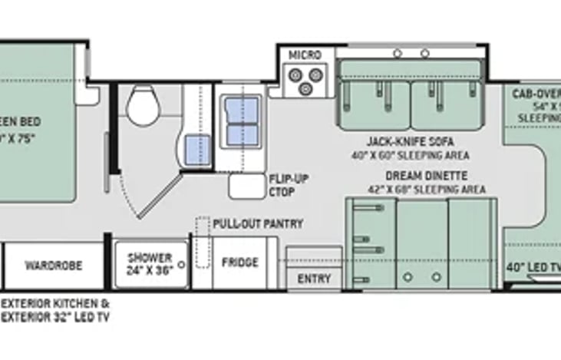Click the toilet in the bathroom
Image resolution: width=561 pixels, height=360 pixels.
click(143, 105)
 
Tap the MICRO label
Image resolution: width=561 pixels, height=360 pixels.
click(305, 55)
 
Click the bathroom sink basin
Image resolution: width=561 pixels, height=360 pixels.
click(198, 144)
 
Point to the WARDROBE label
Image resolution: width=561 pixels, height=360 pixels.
click(53, 266)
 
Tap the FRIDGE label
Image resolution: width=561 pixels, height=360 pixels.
click(239, 263)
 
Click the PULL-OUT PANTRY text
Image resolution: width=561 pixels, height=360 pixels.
click(258, 223)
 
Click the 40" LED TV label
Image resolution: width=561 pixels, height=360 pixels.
click(534, 267)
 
